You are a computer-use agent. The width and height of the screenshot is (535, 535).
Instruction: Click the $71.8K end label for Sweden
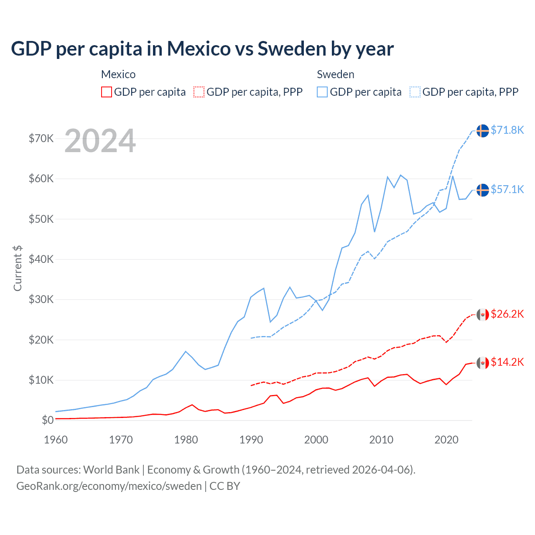pos(507,130)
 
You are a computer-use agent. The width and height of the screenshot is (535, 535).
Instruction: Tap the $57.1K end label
pos(507,189)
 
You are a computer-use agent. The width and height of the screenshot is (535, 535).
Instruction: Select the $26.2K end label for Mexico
pos(507,314)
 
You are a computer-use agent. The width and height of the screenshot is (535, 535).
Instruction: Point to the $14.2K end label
pos(507,362)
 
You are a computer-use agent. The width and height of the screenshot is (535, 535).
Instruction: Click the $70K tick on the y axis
pos(41,138)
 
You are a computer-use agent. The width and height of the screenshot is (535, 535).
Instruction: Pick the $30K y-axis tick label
pos(41,299)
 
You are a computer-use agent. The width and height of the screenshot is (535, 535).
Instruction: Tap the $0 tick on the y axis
pos(48,420)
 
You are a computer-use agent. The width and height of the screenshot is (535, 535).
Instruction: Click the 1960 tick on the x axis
pos(56,440)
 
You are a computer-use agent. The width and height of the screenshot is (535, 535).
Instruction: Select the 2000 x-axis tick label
pos(316,440)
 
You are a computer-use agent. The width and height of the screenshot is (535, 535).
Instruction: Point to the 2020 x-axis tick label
pos(446,440)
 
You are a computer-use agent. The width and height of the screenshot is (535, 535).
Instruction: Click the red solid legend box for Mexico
pos(107,92)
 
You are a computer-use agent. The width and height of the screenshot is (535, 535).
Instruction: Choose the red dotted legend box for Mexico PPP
pos(199,92)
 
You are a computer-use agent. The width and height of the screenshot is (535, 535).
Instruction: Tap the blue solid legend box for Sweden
pos(322,92)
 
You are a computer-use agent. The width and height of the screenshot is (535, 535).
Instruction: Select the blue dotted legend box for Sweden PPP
pos(415,92)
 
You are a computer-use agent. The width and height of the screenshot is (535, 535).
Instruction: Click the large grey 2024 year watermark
pos(100,141)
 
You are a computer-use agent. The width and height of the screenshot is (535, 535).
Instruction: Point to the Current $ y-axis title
pos(18,268)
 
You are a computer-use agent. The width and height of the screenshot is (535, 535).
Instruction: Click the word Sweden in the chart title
pos(292,48)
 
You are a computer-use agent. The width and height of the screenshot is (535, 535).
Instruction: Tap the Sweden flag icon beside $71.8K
pos(483,130)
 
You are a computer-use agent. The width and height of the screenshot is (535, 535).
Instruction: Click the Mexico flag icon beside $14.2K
pos(483,363)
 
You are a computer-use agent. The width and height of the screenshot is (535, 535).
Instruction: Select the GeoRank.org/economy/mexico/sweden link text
pos(109,486)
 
